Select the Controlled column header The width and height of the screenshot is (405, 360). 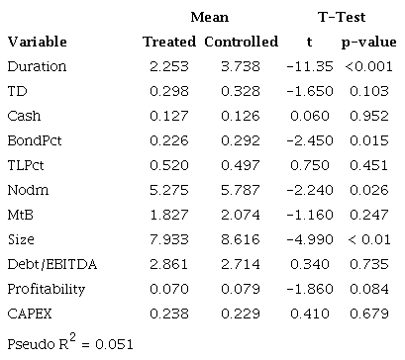[241, 43]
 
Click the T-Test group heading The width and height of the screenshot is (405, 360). [340, 17]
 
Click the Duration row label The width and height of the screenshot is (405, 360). [37, 66]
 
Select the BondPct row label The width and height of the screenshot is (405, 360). [36, 139]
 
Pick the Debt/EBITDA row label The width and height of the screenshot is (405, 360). [47, 262]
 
